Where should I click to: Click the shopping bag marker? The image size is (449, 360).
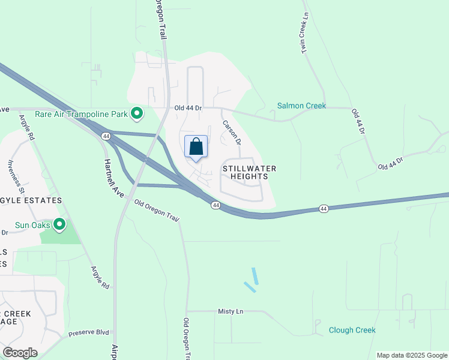pyautogui.click(x=196, y=147)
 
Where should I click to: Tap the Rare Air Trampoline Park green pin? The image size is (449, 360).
pyautogui.click(x=137, y=113)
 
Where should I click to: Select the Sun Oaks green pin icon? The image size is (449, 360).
pyautogui.click(x=59, y=225)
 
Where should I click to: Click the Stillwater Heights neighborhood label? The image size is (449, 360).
pyautogui.click(x=250, y=173)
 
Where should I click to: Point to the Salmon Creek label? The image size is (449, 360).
pyautogui.click(x=301, y=106)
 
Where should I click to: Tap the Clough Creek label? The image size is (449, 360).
pyautogui.click(x=352, y=330)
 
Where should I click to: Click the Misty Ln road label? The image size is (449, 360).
pyautogui.click(x=231, y=311)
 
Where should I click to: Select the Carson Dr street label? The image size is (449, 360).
pyautogui.click(x=232, y=133)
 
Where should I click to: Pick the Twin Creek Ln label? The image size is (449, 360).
pyautogui.click(x=304, y=34)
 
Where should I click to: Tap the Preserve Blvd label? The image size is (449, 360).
pyautogui.click(x=89, y=332)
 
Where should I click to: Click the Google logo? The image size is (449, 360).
pyautogui.click(x=20, y=353)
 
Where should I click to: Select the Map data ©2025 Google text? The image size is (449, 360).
pyautogui.click(x=412, y=355)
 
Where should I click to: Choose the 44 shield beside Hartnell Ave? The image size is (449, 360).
pyautogui.click(x=106, y=137)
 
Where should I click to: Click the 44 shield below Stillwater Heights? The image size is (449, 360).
pyautogui.click(x=215, y=206)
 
